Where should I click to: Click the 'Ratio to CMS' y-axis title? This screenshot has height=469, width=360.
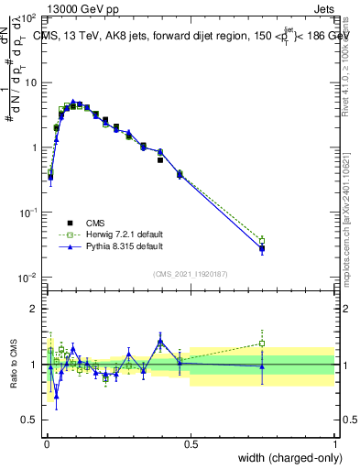pyautogui.click(x=14, y=365)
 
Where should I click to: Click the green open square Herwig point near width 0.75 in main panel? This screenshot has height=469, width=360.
pyautogui.click(x=262, y=240)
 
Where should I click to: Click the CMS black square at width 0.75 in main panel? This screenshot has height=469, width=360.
pyautogui.click(x=262, y=247)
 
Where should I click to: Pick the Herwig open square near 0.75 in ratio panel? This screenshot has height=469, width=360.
pyautogui.click(x=262, y=344)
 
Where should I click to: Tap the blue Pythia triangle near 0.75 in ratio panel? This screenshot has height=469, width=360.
pyautogui.click(x=262, y=367)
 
